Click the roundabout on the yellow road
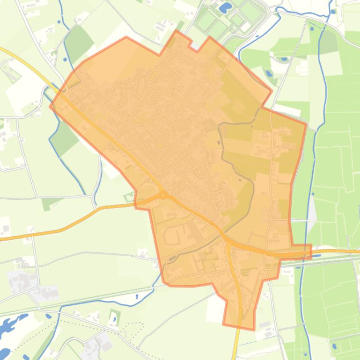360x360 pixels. (162, 194)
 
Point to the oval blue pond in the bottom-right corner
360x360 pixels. (335, 347)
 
